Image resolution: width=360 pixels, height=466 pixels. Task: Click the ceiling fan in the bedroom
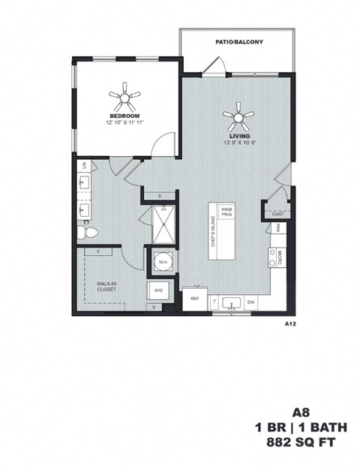click(124, 95)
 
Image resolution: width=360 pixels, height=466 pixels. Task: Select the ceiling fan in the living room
click(238, 116)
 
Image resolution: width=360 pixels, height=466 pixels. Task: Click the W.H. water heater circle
click(161, 263)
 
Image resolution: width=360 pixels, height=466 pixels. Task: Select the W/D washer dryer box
click(159, 290)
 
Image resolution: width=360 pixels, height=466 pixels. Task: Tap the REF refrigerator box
click(194, 299)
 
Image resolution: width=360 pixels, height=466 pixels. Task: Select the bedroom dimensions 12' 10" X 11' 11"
click(124, 121)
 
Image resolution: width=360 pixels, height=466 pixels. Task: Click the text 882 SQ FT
click(301, 443)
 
